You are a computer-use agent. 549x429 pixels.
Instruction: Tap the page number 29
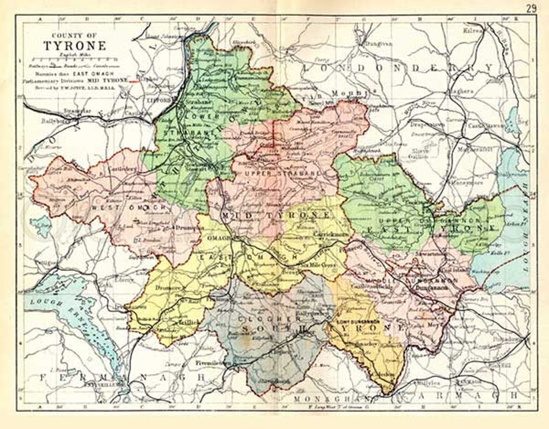pos(531,8)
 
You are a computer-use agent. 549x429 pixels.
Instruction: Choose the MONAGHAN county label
pos(332,399)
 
